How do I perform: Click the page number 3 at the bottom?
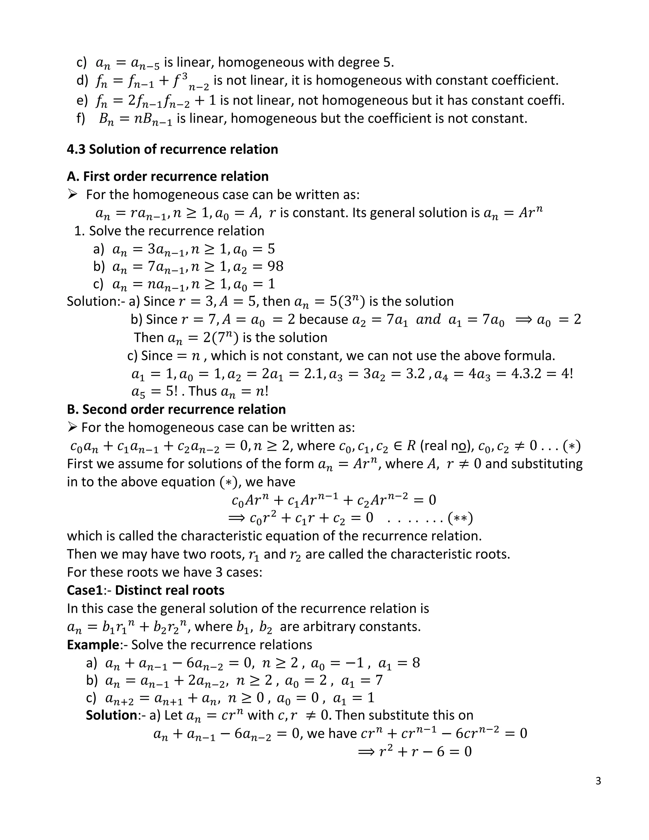[598, 781]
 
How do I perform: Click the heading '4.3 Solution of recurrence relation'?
[172, 149]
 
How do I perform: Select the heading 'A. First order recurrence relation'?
[168, 176]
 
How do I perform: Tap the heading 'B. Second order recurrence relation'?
[176, 409]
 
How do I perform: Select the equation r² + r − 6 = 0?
[425, 752]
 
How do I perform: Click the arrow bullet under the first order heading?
[72, 195]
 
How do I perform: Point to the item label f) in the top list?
[81, 119]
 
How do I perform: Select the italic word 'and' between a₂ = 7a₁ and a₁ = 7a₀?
[428, 319]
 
